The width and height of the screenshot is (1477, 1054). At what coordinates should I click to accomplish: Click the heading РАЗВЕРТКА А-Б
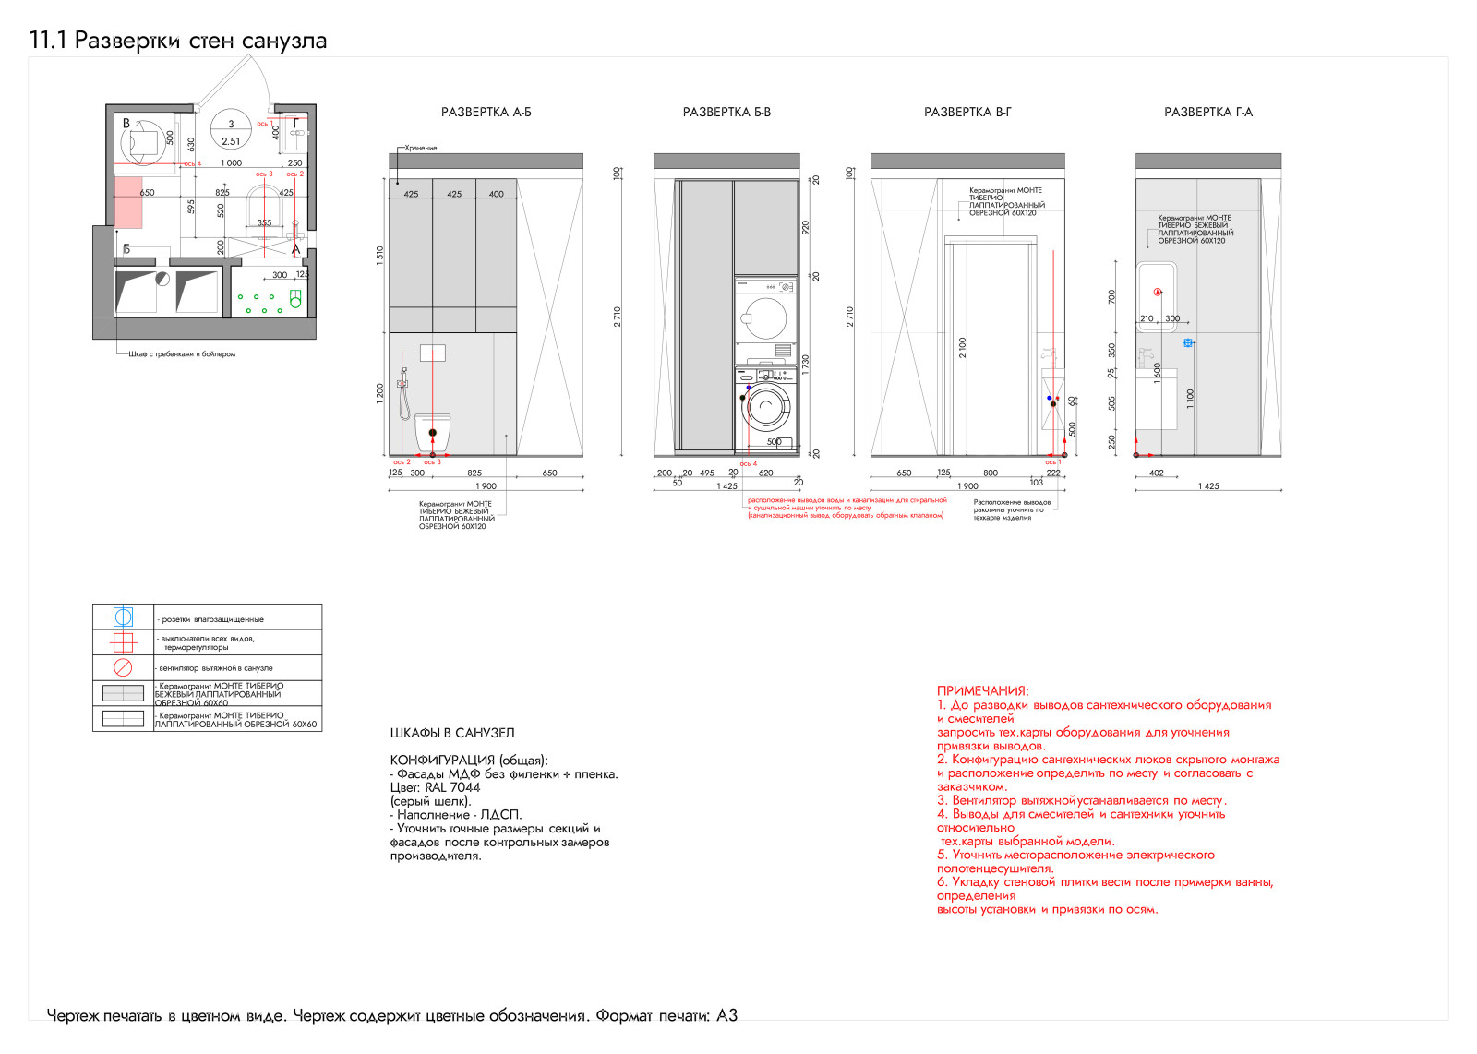click(486, 113)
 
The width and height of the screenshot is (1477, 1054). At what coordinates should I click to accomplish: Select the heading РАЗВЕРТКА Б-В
click(726, 113)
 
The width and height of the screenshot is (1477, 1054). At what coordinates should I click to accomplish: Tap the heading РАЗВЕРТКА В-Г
click(967, 113)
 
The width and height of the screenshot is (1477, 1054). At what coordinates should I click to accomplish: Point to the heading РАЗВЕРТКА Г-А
click(1208, 113)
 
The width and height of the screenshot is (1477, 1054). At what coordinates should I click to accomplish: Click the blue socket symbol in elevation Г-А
click(1188, 342)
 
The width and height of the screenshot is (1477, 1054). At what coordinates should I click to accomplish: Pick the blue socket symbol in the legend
click(123, 617)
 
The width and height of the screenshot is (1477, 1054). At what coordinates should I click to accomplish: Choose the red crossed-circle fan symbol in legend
click(123, 667)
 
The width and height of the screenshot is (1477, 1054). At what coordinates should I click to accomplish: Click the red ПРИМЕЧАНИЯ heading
click(982, 690)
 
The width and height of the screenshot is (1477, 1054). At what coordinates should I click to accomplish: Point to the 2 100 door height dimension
click(963, 348)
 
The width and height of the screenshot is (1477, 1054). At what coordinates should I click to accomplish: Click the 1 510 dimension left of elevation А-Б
click(379, 256)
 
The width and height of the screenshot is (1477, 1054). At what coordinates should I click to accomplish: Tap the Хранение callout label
click(421, 148)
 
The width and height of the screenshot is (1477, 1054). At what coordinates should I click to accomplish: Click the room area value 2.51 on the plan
click(231, 141)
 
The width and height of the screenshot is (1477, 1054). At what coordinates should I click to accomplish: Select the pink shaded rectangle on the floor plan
click(127, 202)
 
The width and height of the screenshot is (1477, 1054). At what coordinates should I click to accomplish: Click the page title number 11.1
click(48, 41)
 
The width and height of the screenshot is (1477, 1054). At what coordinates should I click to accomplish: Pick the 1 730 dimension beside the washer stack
click(805, 365)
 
